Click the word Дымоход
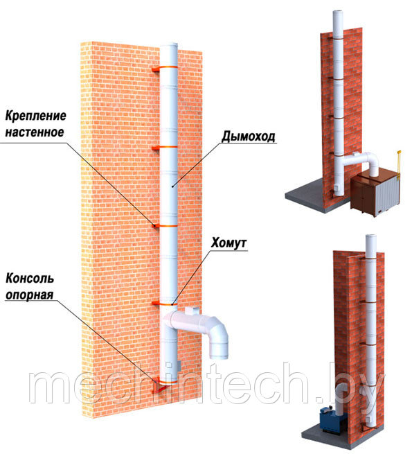point(249,137)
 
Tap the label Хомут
point(229,243)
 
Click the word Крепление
point(35,116)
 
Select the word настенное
point(35,132)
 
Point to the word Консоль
point(30,278)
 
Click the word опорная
point(30,295)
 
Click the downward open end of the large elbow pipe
point(219,351)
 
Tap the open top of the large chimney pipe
point(169,44)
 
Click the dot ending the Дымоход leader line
point(172,186)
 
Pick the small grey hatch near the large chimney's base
point(179,366)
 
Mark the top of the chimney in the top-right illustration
point(338,12)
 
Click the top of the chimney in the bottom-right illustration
point(371,236)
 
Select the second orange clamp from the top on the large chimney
point(165,148)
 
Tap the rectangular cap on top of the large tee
point(192,311)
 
